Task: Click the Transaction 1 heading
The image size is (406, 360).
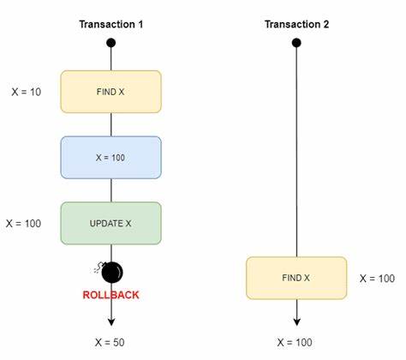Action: pyautogui.click(x=111, y=24)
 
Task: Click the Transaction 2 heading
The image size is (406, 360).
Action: pyautogui.click(x=296, y=24)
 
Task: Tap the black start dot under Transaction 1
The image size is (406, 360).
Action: pyautogui.click(x=111, y=43)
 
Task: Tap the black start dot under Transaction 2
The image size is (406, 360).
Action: pyautogui.click(x=296, y=43)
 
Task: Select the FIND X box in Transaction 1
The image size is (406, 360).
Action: pyautogui.click(x=110, y=92)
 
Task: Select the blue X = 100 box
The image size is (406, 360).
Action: pyautogui.click(x=110, y=158)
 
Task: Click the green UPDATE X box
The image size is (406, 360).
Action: pyautogui.click(x=110, y=223)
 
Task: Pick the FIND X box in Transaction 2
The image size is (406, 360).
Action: pyautogui.click(x=296, y=278)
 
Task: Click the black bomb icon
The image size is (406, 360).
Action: pyautogui.click(x=112, y=272)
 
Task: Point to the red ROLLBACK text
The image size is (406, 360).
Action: pyautogui.click(x=110, y=295)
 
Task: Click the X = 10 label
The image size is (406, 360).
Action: pyautogui.click(x=27, y=92)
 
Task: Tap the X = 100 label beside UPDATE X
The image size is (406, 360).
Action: pyautogui.click(x=23, y=224)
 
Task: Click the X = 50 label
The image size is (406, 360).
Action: pyautogui.click(x=110, y=342)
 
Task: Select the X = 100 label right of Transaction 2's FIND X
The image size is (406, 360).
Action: pyautogui.click(x=377, y=279)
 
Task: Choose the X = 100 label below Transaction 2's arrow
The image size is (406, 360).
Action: pyautogui.click(x=295, y=342)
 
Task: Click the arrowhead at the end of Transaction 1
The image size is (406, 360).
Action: pyautogui.click(x=111, y=322)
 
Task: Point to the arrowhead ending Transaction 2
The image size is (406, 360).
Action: pyautogui.click(x=297, y=322)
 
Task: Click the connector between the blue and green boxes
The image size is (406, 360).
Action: pyautogui.click(x=111, y=190)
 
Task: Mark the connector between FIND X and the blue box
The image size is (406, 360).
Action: pyautogui.click(x=111, y=124)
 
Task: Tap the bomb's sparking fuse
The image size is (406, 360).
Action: pyautogui.click(x=99, y=267)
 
